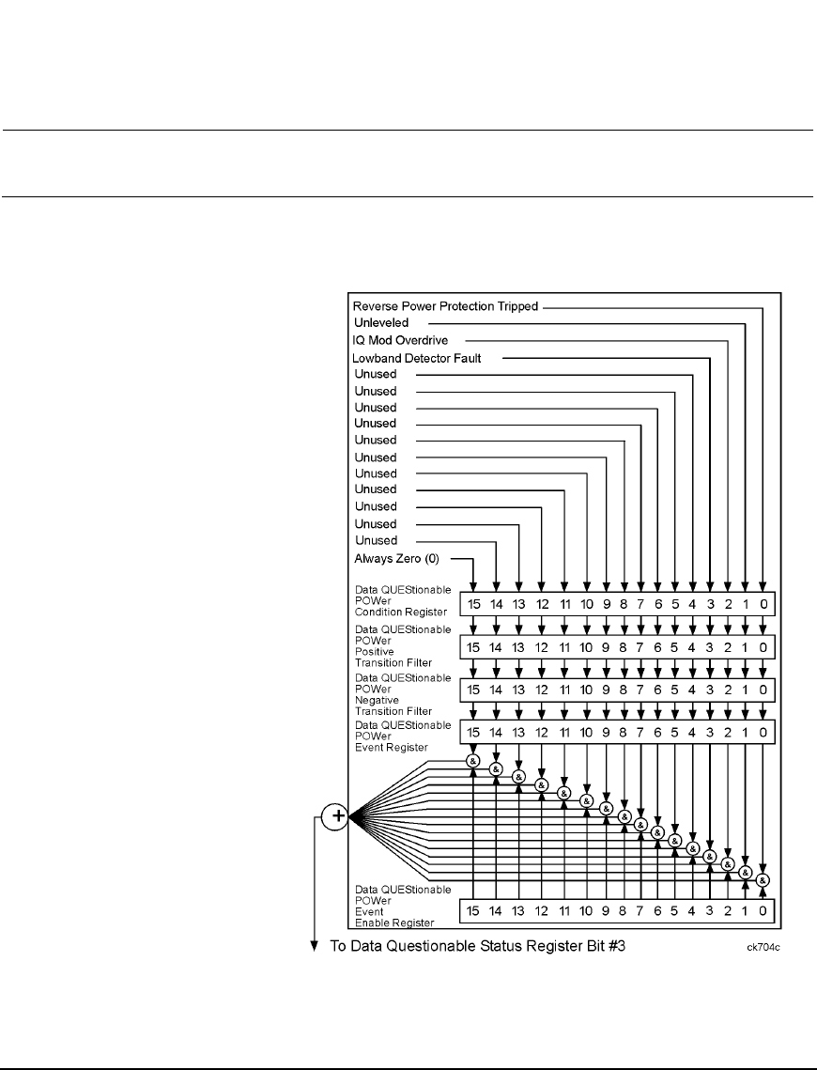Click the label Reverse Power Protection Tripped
pos(445,305)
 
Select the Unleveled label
pos(381,322)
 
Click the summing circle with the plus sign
pos(334,817)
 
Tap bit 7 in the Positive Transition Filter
pos(640,647)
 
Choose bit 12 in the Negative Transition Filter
pos(542,690)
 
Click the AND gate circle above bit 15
pos(474,760)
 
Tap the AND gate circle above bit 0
pos(763,880)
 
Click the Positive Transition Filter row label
pos(399,645)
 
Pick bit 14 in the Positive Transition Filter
pos(497,647)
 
